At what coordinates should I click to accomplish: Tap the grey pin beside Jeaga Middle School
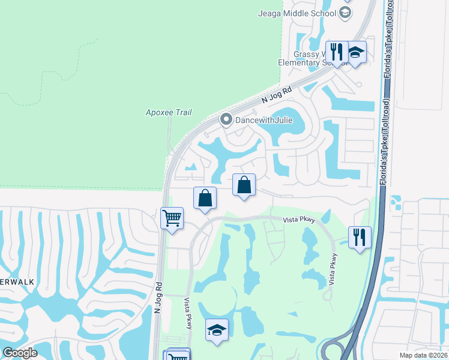coord(345,11)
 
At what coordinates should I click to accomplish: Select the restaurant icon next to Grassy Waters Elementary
coord(337,52)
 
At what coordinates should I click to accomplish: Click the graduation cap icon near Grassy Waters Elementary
coord(355,52)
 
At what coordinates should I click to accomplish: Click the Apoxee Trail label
coord(169,112)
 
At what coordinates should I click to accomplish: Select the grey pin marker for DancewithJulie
coord(226,119)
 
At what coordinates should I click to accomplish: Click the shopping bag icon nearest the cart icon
coord(205,197)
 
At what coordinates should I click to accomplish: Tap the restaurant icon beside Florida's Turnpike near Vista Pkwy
coord(359,237)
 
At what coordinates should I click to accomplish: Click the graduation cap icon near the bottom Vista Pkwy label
coord(217,329)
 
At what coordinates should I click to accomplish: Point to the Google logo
coord(19,353)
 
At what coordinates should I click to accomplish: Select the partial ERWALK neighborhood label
coord(13,281)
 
